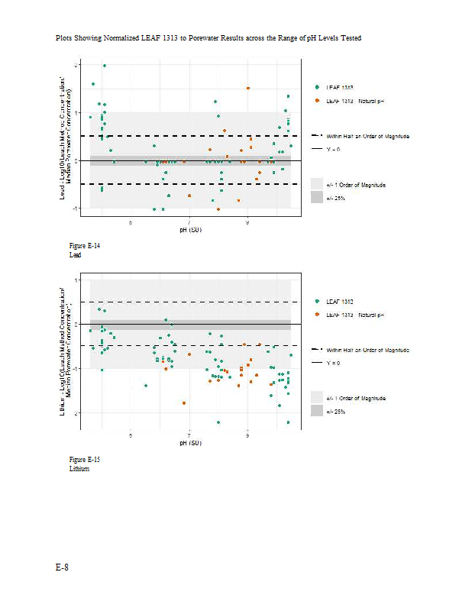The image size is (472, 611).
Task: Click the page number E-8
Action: click(x=62, y=567)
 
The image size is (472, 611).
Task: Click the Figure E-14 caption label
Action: click(x=84, y=246)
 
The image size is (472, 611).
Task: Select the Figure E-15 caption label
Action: click(x=84, y=460)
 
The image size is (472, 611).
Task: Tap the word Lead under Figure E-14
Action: click(x=75, y=254)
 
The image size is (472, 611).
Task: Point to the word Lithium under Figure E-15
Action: click(x=79, y=468)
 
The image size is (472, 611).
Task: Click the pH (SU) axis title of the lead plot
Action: click(x=190, y=229)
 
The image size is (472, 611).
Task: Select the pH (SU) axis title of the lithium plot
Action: click(x=190, y=443)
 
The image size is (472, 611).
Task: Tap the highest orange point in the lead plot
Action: click(x=248, y=89)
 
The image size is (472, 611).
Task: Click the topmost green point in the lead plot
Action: click(x=105, y=66)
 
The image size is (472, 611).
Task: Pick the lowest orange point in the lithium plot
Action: click(x=184, y=402)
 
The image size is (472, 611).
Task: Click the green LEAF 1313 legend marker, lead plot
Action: click(x=317, y=87)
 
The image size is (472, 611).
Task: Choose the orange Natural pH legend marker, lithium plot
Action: click(x=317, y=315)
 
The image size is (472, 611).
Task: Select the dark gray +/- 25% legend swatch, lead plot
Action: click(x=317, y=197)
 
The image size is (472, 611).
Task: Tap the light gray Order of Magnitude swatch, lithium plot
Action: click(x=317, y=397)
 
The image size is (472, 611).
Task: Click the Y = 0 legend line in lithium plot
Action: click(x=317, y=363)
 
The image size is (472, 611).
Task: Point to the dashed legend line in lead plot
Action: click(x=317, y=135)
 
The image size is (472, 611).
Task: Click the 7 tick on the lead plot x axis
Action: click(x=189, y=222)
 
